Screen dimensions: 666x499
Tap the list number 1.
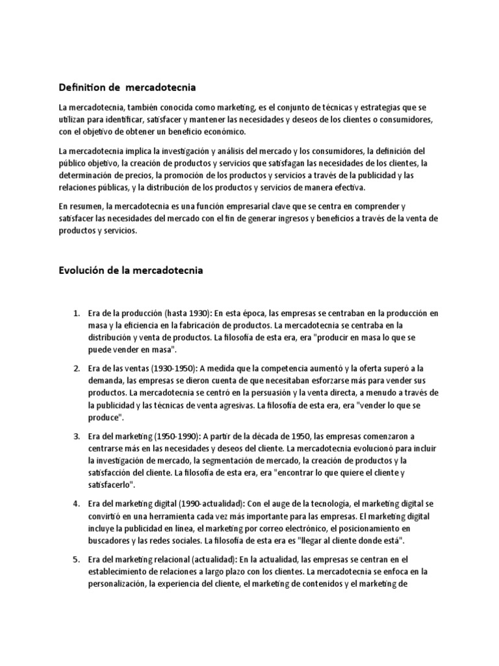pos(75,313)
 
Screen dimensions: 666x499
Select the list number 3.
pos(75,436)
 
